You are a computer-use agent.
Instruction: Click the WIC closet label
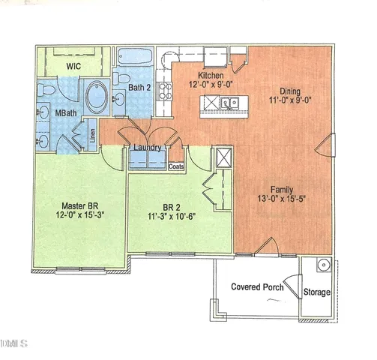(x=73, y=66)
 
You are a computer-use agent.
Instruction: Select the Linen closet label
(x=92, y=136)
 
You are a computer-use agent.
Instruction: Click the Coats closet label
(x=177, y=166)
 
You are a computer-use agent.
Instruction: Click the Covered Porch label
(x=257, y=286)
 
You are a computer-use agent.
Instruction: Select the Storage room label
(x=316, y=292)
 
